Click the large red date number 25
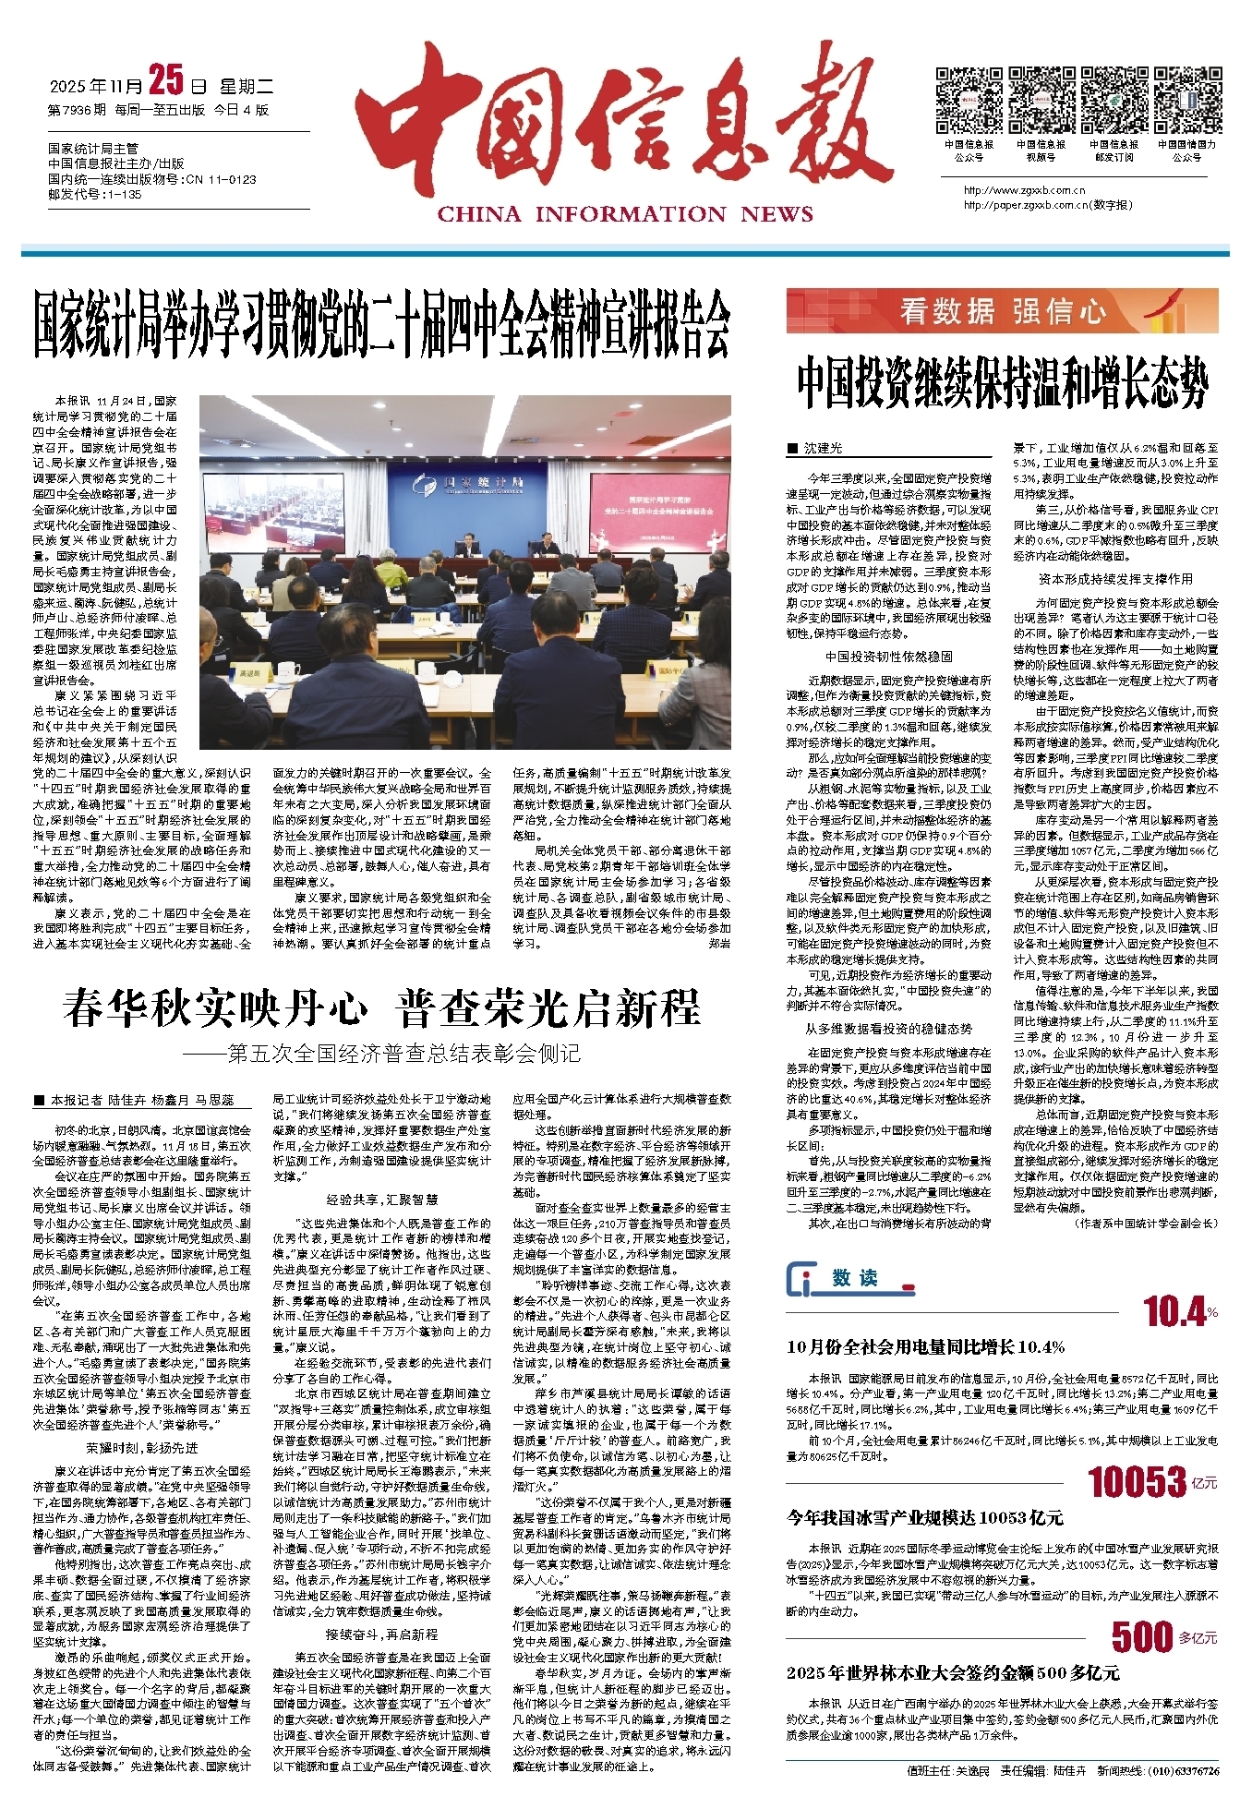166,83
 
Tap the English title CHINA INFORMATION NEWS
625,214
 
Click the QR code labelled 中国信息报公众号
969,100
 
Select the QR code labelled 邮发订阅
1114,100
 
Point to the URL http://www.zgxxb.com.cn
1024,191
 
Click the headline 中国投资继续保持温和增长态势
1003,382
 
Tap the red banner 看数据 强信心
1002,311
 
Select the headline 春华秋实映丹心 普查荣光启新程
382,1009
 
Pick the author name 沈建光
822,448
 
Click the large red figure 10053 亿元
1151,1483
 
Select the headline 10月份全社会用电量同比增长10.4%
926,1347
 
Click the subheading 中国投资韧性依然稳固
888,657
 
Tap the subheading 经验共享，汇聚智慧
381,1199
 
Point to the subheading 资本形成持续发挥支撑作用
1115,579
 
